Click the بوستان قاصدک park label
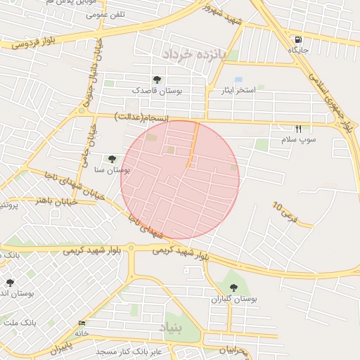point(157,91)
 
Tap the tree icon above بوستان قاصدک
point(156,79)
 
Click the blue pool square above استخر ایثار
point(238,80)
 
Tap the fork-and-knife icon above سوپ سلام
point(298,129)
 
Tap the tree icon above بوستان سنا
point(112,159)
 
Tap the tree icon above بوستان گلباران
point(233,287)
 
